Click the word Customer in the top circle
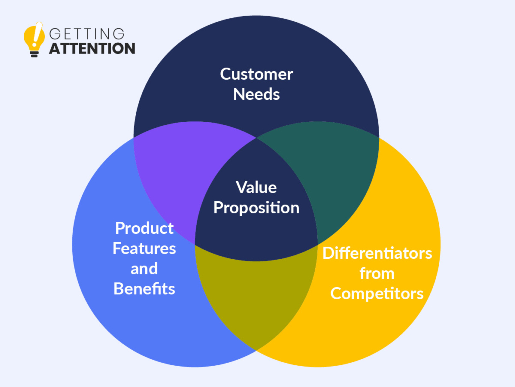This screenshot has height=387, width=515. (x=256, y=74)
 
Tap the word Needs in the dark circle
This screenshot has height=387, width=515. (x=256, y=94)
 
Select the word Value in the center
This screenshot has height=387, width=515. (x=256, y=187)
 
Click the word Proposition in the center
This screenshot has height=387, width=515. (x=256, y=208)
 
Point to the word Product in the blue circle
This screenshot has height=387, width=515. (x=144, y=228)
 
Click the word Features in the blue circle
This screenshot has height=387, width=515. (x=144, y=249)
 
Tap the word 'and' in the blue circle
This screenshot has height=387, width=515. (x=144, y=269)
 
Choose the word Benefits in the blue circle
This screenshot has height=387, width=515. (x=144, y=289)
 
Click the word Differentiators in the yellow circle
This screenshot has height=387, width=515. (x=377, y=253)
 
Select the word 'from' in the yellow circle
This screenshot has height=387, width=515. (x=377, y=273)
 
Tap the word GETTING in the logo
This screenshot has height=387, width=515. (x=87, y=34)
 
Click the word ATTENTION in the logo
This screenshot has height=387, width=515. (x=92, y=49)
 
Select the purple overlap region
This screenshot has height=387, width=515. (x=184, y=171)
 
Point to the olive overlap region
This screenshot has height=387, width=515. (x=256, y=296)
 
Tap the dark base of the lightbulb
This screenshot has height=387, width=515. (x=34, y=53)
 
